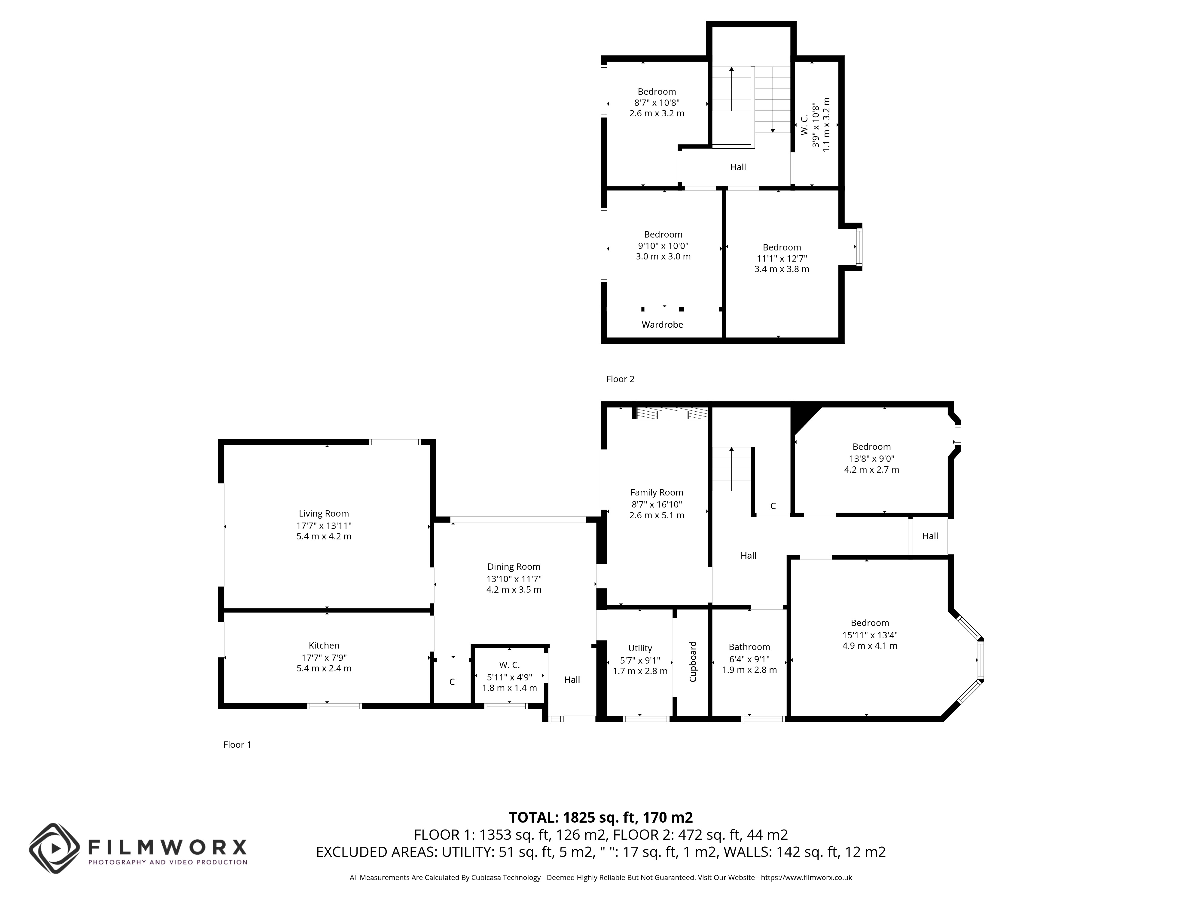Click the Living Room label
click(324, 513)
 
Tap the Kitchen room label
click(324, 645)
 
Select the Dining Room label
click(514, 566)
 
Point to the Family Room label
click(656, 492)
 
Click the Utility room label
click(640, 648)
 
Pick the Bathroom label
click(749, 647)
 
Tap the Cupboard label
click(693, 662)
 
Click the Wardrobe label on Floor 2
click(662, 325)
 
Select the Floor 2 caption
click(620, 379)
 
